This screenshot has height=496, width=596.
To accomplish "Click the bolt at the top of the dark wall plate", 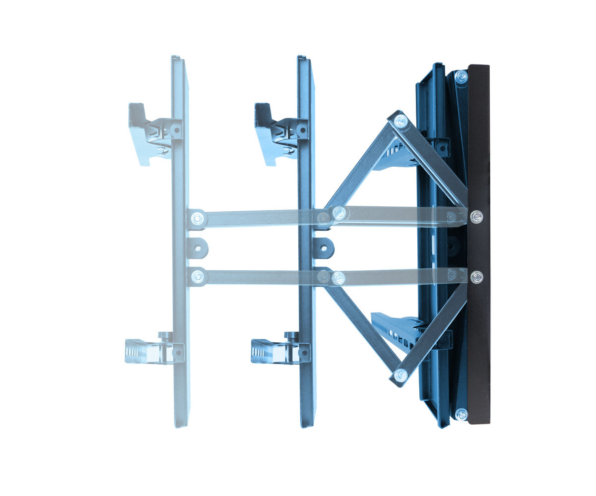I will pos(461,77).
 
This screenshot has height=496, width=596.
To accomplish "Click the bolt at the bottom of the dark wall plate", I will pos(461,414).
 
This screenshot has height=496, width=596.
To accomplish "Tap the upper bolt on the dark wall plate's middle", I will pos(476,216).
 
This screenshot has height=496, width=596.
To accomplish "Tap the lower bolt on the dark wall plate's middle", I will pos(476,277).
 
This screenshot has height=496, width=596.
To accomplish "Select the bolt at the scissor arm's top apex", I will pos(400,121).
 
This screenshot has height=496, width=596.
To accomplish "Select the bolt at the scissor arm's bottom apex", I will pos(400,375).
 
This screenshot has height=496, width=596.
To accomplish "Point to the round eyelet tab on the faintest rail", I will pos(197,248).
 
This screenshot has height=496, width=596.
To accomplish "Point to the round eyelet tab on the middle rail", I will pos(323,248).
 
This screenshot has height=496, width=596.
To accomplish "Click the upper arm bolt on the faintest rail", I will pos(198,218).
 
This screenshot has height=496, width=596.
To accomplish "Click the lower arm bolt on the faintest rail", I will pos(198,277).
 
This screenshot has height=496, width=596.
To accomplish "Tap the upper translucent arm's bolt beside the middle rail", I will pos(339,213).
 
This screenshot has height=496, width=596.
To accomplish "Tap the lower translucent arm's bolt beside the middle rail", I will pos(338,278).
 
